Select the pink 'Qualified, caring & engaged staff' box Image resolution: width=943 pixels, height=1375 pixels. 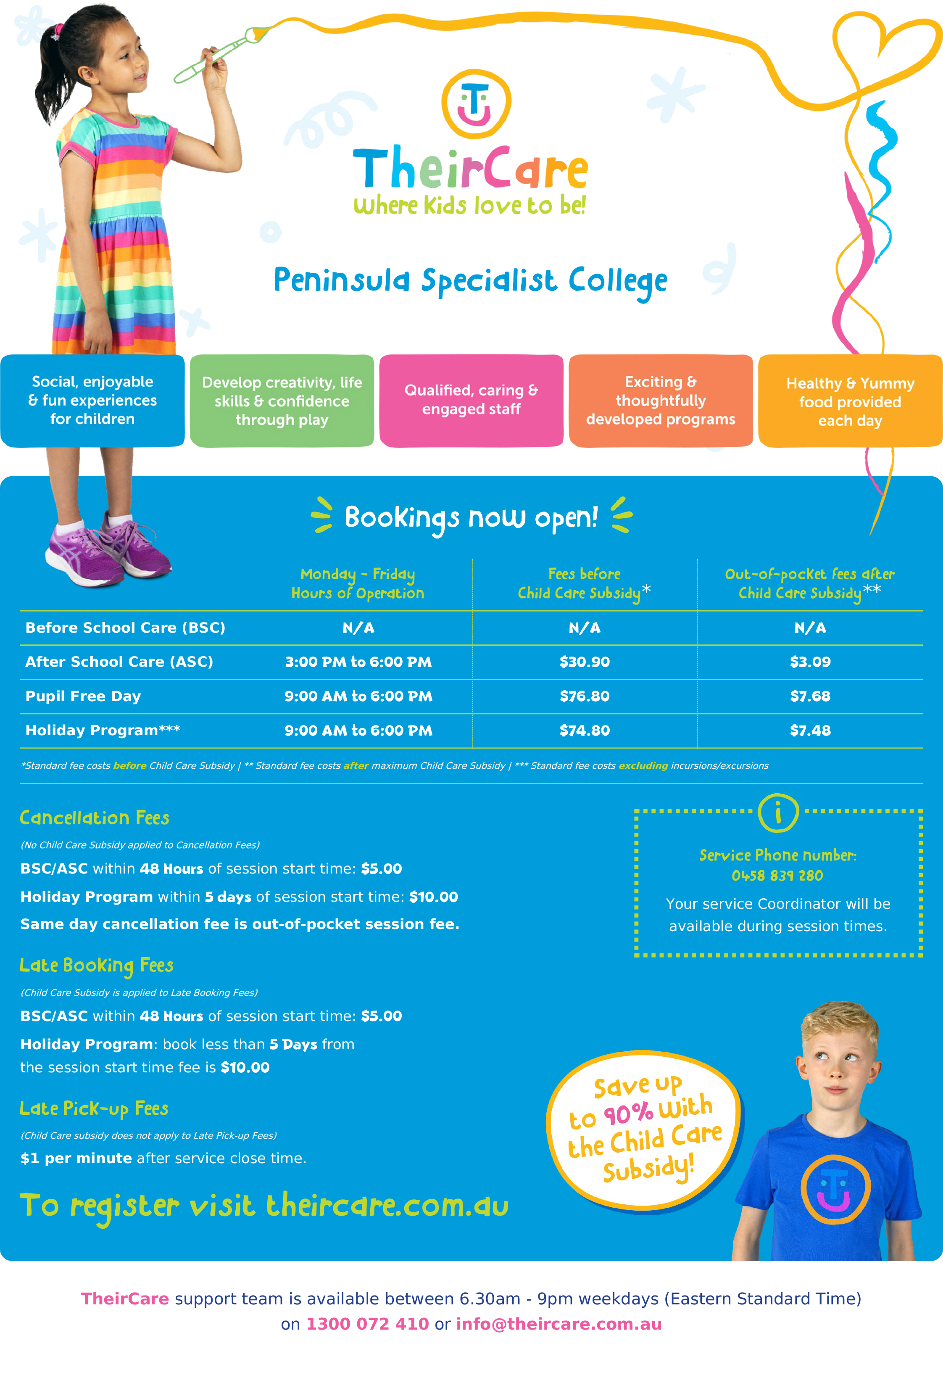point(471,400)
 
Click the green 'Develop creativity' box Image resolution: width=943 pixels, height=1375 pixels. point(282,401)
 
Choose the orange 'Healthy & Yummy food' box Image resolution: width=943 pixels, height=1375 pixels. point(850,401)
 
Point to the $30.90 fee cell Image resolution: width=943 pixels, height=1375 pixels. point(585,662)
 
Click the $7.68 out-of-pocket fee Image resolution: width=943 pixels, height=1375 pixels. point(810,696)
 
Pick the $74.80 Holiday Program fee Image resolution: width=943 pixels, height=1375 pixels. point(585,730)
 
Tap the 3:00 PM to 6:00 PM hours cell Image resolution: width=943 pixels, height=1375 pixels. point(358,662)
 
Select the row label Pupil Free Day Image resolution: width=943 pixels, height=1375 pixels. point(83,696)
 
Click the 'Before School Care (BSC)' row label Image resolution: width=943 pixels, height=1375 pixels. point(125,627)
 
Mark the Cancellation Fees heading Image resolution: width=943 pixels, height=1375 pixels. point(95,818)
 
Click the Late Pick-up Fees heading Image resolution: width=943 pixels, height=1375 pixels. point(94,1108)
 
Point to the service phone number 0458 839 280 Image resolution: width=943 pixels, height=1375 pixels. point(777,876)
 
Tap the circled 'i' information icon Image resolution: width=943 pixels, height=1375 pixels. point(778,813)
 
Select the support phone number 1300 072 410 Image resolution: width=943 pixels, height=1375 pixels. point(367,1324)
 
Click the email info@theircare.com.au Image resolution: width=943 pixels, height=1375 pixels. point(558,1324)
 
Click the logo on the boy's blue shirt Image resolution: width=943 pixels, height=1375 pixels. point(835,1189)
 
